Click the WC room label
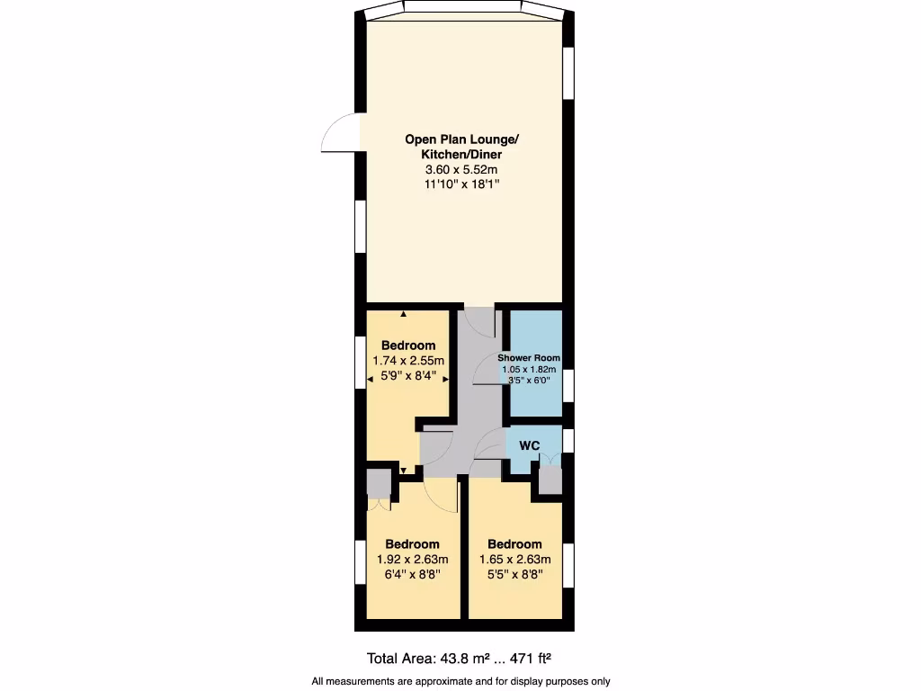point(530,446)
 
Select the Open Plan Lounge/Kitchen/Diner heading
point(462,147)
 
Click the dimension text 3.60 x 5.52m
point(462,169)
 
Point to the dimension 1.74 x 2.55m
point(409,361)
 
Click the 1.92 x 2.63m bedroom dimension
point(413,559)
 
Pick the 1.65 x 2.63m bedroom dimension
point(514,559)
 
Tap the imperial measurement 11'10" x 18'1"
point(462,184)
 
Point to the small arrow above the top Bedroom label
point(404,314)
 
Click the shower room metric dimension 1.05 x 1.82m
point(529,369)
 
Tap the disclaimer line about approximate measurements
point(461,681)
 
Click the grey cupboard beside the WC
point(549,481)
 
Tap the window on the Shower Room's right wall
point(568,382)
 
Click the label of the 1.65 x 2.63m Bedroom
point(514,543)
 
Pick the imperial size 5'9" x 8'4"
point(409,376)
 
